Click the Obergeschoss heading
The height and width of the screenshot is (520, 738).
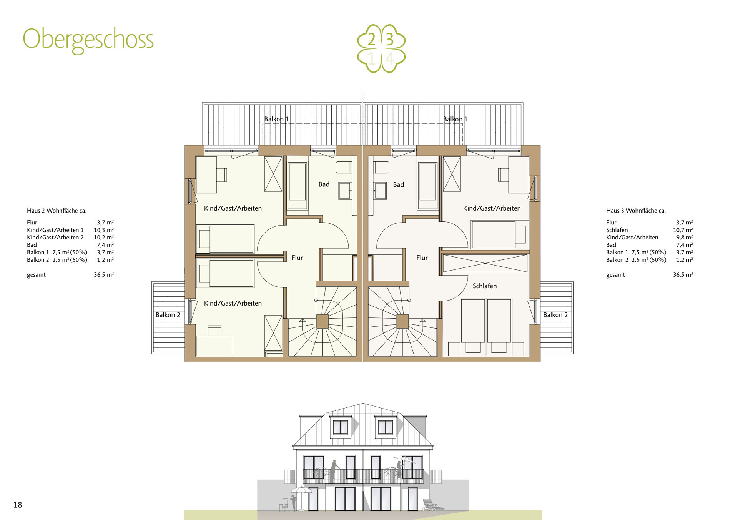(x=88, y=39)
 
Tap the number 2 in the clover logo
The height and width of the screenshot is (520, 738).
(x=371, y=40)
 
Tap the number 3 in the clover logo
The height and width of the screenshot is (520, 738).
(x=390, y=40)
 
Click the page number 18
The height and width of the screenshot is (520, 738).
(x=18, y=505)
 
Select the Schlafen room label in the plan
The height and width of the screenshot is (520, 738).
(x=484, y=286)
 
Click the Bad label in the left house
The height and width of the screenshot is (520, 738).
(x=324, y=184)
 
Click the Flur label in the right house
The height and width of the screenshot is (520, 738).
(x=422, y=258)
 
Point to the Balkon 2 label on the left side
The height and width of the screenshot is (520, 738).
(x=168, y=315)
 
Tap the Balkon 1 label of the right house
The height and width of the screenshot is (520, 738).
(x=455, y=119)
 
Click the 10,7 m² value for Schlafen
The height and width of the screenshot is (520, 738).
(x=683, y=230)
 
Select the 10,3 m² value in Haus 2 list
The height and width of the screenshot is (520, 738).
(x=103, y=230)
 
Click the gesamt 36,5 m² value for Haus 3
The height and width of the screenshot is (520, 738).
(x=683, y=275)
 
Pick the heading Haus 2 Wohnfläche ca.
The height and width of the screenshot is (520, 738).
(x=57, y=211)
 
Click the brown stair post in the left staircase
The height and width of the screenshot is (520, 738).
(x=322, y=321)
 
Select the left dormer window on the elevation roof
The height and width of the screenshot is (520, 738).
(x=340, y=427)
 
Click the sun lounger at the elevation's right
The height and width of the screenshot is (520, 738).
(x=432, y=505)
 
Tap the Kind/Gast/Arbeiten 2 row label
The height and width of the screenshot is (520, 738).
(x=55, y=238)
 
